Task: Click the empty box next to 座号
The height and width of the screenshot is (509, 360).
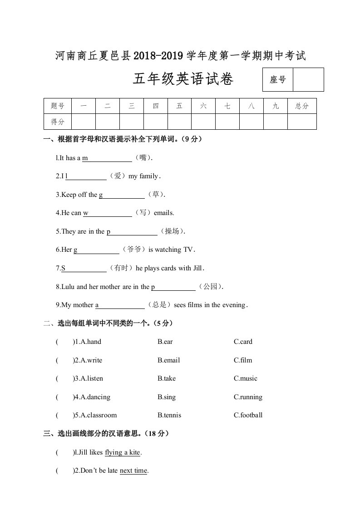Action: click(308, 80)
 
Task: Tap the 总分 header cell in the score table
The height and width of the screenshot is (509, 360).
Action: click(302, 106)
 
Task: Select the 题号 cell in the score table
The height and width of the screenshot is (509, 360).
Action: click(58, 106)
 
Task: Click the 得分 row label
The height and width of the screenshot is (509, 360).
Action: click(58, 122)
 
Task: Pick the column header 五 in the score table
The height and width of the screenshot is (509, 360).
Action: click(179, 106)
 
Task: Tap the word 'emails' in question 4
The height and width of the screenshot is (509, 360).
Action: click(164, 213)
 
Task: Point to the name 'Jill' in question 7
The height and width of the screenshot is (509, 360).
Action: click(197, 268)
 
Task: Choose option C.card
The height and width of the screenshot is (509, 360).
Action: click(243, 342)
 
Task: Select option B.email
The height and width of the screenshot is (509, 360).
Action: click(168, 360)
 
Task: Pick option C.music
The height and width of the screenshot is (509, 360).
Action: click(245, 378)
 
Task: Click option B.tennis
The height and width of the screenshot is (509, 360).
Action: click(169, 415)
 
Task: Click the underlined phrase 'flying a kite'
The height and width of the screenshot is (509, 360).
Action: click(123, 452)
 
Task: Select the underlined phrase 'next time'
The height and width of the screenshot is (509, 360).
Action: click(133, 471)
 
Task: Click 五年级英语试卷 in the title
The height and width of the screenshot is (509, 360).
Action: click(183, 80)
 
